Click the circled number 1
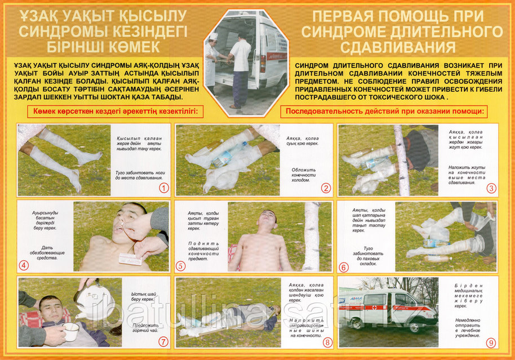click(163, 188)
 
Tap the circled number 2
click(326, 188)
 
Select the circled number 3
click(491, 188)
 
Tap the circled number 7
click(163, 341)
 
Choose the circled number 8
click(326, 341)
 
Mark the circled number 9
click(491, 341)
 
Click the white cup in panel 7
click(70, 332)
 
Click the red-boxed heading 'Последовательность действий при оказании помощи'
click(384, 110)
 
